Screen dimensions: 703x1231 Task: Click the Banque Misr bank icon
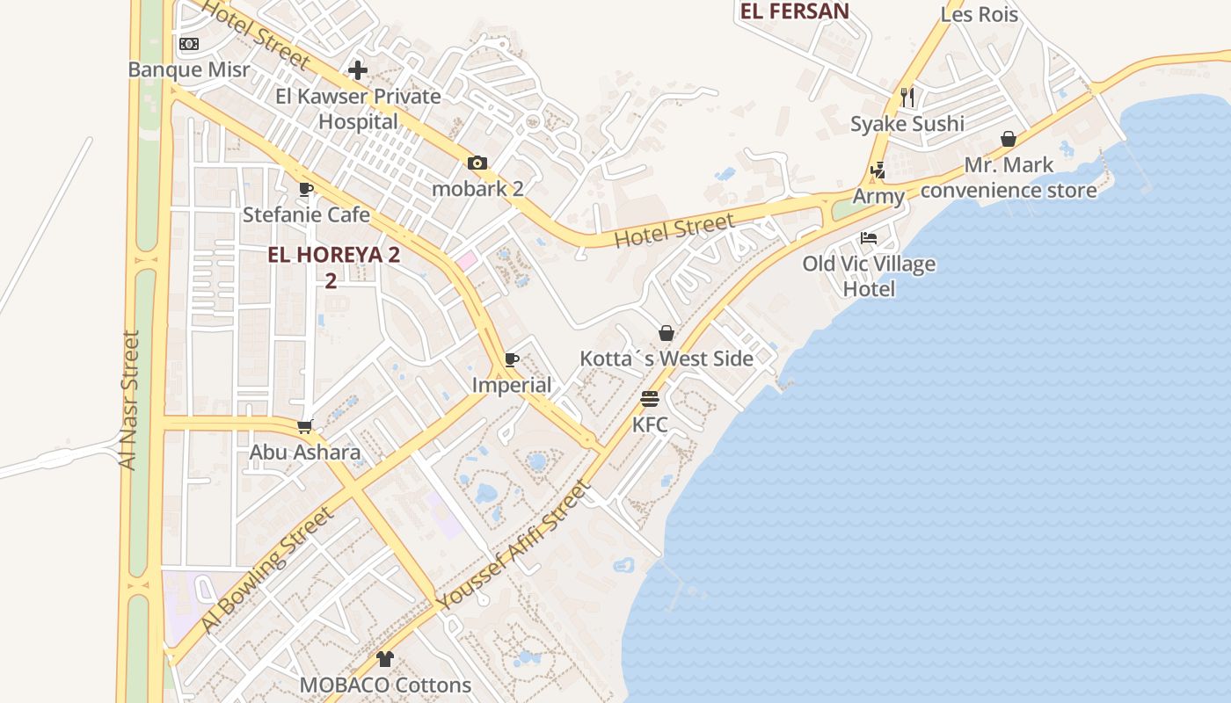coord(189,44)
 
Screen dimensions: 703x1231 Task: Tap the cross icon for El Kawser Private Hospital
coord(358,69)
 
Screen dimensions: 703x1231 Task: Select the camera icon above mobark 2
coord(477,163)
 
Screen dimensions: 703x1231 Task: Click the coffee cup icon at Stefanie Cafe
coord(306,189)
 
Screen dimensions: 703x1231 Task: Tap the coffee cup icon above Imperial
coord(512,359)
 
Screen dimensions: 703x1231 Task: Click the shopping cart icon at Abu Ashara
coord(305,427)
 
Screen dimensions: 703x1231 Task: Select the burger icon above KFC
coord(650,399)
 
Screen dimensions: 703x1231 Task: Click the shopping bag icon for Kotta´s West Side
coord(666,333)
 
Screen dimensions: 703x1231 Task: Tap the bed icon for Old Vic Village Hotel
coord(869,238)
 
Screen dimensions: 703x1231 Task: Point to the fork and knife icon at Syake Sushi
coord(907,97)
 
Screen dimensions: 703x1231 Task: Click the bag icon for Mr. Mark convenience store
coord(1009,139)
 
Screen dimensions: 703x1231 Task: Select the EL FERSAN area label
coord(795,11)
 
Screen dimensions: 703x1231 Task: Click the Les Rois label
coord(980,14)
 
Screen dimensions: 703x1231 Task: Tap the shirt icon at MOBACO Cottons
coord(384,658)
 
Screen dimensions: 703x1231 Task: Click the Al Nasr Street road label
coord(131,400)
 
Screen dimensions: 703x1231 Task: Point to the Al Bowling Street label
coord(267,569)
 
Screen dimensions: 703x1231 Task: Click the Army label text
coord(878,196)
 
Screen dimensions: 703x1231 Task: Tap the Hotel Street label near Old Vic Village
coord(674,230)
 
